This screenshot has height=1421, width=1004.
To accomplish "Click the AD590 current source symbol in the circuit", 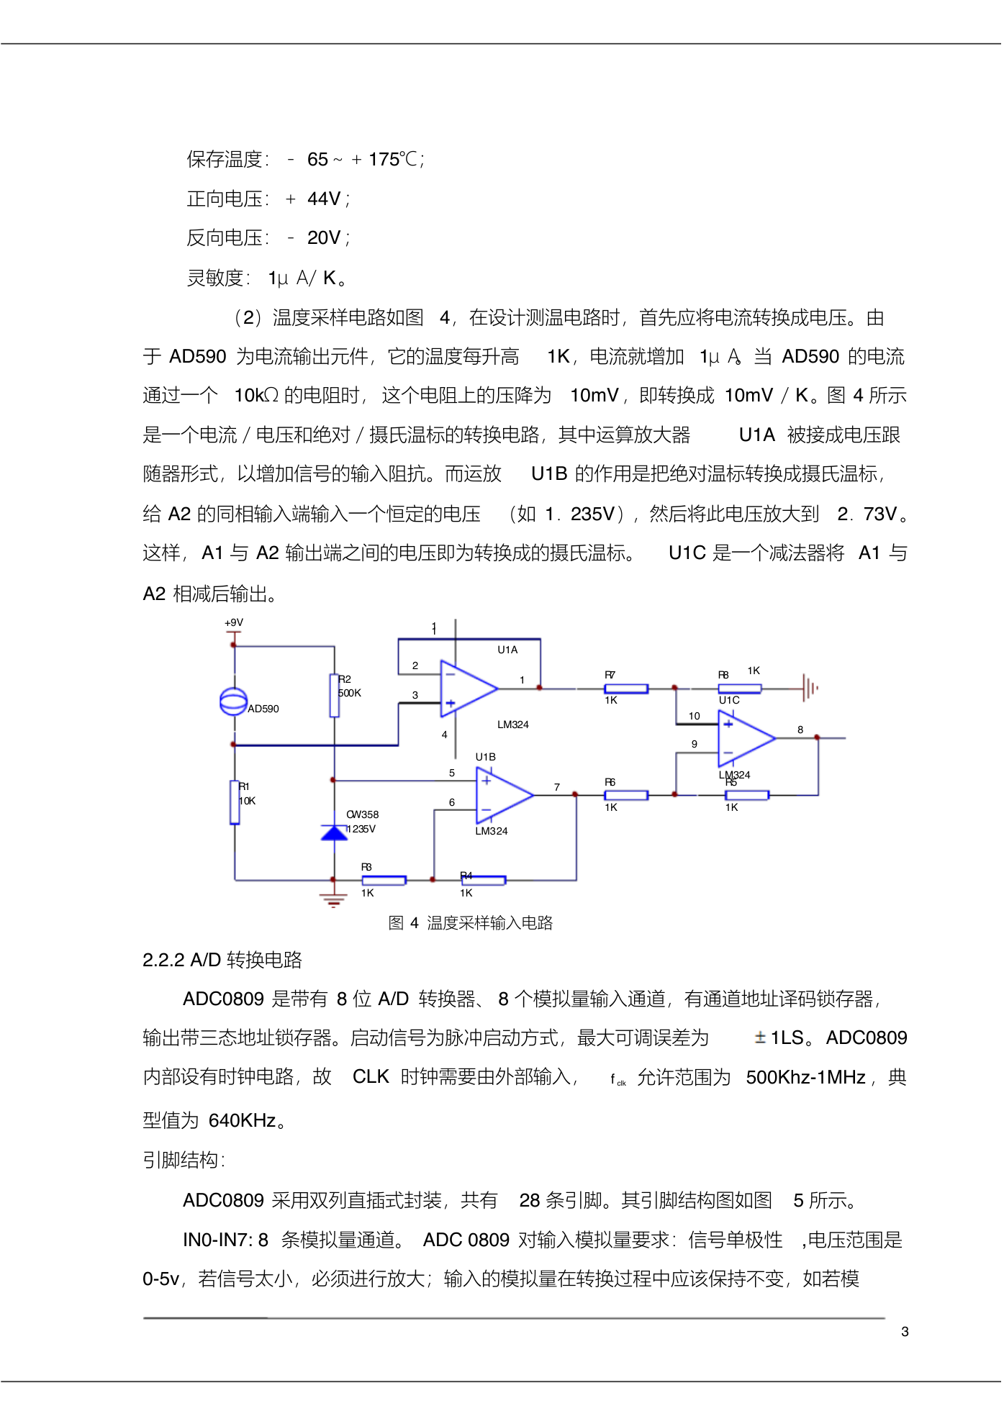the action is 233,702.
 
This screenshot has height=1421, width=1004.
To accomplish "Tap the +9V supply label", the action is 234,623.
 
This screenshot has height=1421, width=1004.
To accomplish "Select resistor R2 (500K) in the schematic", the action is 334,696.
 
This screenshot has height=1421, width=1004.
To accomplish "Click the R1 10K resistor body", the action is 235,802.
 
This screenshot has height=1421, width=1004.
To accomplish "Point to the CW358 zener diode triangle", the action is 334,833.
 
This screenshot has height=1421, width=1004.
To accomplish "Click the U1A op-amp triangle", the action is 468,689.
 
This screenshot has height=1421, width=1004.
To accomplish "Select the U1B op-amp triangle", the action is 504,795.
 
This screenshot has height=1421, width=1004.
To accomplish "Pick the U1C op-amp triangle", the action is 746,737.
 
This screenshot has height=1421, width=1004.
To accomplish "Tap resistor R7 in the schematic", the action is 626,689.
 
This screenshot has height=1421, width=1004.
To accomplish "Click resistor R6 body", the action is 626,795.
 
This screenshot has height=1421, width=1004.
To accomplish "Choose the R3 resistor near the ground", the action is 384,880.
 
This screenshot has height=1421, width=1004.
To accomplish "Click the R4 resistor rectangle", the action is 484,880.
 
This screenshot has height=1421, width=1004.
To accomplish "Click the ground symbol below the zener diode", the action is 333,899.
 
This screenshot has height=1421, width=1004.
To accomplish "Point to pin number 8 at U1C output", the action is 800,730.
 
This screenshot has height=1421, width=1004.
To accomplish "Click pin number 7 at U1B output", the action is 557,787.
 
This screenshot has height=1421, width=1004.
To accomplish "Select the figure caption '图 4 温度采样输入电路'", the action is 471,923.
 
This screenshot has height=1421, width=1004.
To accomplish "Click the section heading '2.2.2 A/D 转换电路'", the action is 222,961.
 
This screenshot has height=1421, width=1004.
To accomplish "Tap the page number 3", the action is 905,1332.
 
